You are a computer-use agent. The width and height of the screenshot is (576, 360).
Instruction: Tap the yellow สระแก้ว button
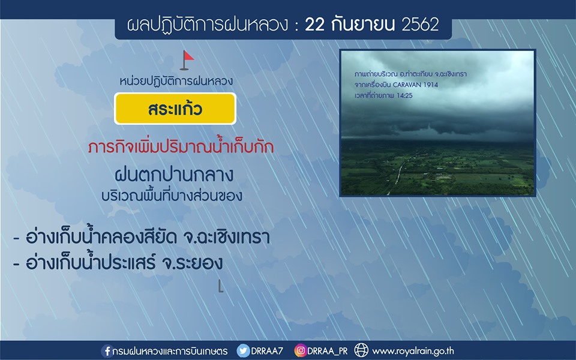point(175,109)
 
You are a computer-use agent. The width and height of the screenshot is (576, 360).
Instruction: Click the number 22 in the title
point(315,25)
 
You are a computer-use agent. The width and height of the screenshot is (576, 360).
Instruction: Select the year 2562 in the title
point(420,25)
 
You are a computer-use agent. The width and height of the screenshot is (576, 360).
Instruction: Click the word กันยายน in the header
point(363,25)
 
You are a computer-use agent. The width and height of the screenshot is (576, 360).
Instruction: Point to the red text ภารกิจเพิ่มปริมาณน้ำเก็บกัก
point(181,147)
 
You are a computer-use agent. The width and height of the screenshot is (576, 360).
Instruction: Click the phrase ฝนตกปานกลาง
point(174,175)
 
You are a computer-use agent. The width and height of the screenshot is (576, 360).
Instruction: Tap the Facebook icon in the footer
point(107,351)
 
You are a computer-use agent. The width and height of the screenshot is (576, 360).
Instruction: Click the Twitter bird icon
point(243,351)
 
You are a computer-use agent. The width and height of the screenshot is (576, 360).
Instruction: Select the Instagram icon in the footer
point(300,351)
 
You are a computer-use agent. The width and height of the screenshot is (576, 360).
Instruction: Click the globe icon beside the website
point(361,350)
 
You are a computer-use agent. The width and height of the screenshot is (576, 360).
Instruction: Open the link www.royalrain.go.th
point(413,351)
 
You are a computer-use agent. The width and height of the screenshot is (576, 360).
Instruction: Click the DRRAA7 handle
point(267,351)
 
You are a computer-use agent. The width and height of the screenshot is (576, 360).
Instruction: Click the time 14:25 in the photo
point(404,95)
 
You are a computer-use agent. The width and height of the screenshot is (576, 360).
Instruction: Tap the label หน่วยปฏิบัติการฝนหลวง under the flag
point(176,81)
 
